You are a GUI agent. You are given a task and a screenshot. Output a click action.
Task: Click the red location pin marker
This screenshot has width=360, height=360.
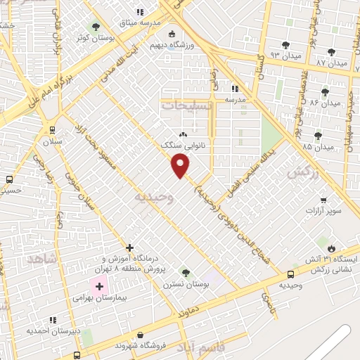(181, 165)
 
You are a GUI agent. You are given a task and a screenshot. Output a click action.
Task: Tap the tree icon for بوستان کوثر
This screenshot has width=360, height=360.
(96, 27)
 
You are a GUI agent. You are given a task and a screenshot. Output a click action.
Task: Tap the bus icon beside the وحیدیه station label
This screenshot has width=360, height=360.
(291, 274)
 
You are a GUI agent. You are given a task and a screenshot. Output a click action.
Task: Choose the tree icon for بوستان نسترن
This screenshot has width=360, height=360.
(186, 272)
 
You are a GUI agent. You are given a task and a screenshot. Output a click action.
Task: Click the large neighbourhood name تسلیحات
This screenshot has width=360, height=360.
(187, 105)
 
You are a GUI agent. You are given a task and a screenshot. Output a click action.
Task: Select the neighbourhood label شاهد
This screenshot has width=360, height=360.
(41, 259)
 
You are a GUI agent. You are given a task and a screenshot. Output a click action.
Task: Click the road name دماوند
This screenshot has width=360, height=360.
(193, 308)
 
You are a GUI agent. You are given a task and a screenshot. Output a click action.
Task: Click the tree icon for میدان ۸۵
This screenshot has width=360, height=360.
(318, 135)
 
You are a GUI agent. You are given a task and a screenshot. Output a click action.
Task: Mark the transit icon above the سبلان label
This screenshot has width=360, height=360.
(52, 129)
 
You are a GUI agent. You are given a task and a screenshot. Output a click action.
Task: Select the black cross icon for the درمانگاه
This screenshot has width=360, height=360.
(129, 247)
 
